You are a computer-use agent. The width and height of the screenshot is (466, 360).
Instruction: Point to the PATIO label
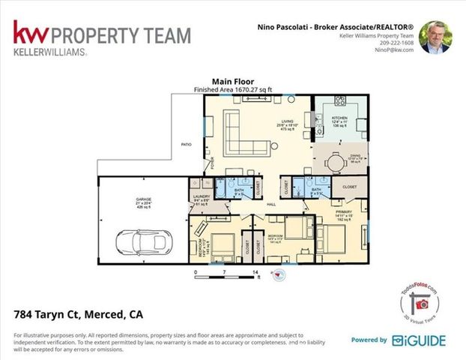(186, 145)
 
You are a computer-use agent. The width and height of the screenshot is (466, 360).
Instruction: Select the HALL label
(273, 203)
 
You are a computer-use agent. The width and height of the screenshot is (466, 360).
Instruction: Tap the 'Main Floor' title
(233, 82)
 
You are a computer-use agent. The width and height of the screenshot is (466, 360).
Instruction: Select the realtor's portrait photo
(435, 37)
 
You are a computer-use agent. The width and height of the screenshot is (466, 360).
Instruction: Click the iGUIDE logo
(418, 340)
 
